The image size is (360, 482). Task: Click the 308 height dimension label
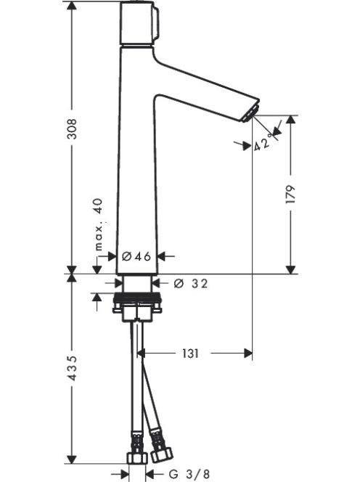[72, 128]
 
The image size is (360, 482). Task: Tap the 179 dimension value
[290, 194]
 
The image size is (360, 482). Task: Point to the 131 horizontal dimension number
[190, 354]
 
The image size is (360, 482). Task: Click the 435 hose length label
[72, 368]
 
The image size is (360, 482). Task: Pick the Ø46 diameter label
[136, 256]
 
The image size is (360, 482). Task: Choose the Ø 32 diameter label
[191, 283]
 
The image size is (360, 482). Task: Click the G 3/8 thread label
[189, 474]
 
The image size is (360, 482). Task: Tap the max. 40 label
[99, 224]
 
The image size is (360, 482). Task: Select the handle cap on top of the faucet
[139, 23]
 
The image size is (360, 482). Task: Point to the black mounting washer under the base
[137, 297]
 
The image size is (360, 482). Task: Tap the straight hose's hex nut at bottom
[137, 458]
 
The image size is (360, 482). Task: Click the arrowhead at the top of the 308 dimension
[72, 7]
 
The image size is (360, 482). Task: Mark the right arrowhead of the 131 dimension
[247, 354]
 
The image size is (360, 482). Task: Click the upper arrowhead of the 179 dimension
[290, 120]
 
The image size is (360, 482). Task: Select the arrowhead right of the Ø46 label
[163, 256]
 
